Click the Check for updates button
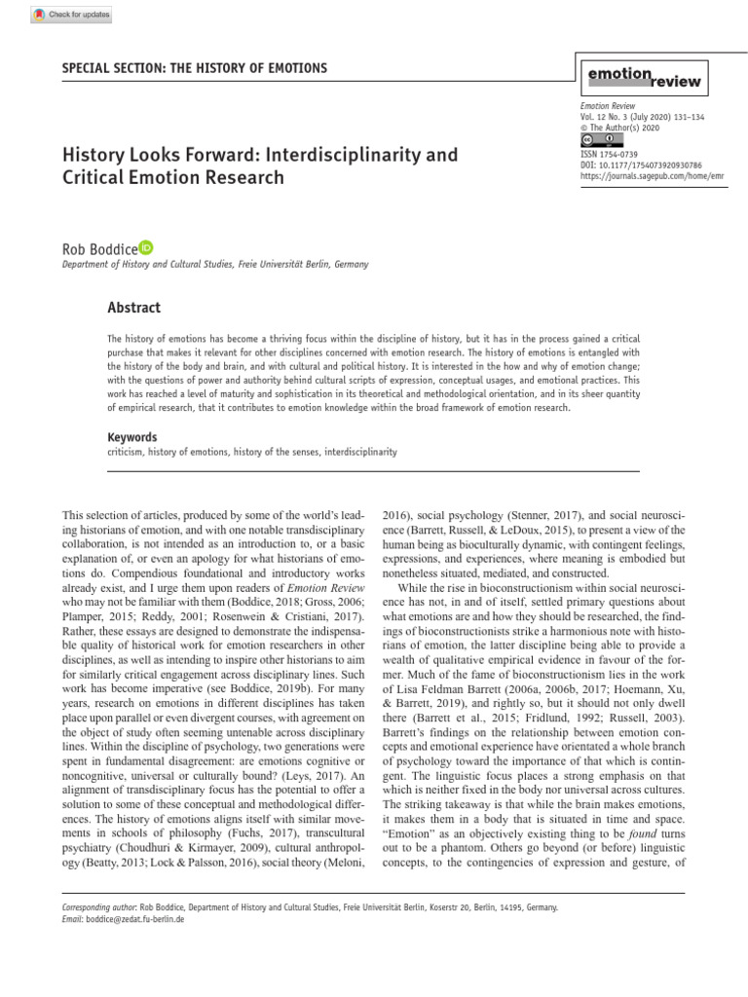[x=72, y=15]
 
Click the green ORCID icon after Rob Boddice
[x=146, y=247]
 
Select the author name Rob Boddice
[x=99, y=249]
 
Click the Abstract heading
[x=133, y=308]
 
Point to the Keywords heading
[x=131, y=437]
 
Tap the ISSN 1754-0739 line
[x=611, y=155]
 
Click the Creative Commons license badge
[x=596, y=140]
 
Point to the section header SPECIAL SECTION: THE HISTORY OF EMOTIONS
[x=195, y=68]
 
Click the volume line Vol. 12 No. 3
[x=642, y=117]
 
